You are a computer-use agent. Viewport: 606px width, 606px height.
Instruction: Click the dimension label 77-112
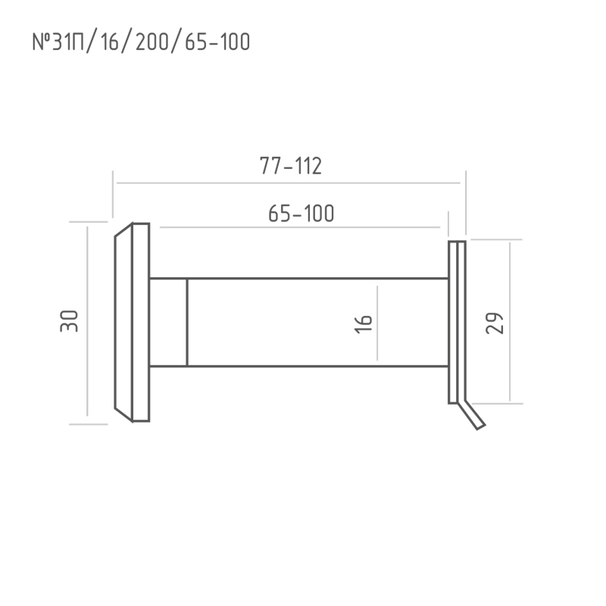click(x=291, y=166)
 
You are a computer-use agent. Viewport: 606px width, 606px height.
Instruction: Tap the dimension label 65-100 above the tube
click(x=301, y=214)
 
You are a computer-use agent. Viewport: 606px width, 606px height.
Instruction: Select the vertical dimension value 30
click(x=69, y=321)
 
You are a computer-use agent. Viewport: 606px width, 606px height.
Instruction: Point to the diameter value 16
click(x=364, y=324)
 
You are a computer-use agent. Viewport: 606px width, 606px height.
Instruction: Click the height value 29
click(x=495, y=323)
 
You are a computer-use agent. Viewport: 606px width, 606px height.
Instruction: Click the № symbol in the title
click(x=42, y=42)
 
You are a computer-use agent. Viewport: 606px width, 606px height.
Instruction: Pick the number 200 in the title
click(x=152, y=42)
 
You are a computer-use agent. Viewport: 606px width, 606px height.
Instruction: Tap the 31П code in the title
click(x=68, y=42)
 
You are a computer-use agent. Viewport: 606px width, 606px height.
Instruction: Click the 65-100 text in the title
click(x=217, y=42)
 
